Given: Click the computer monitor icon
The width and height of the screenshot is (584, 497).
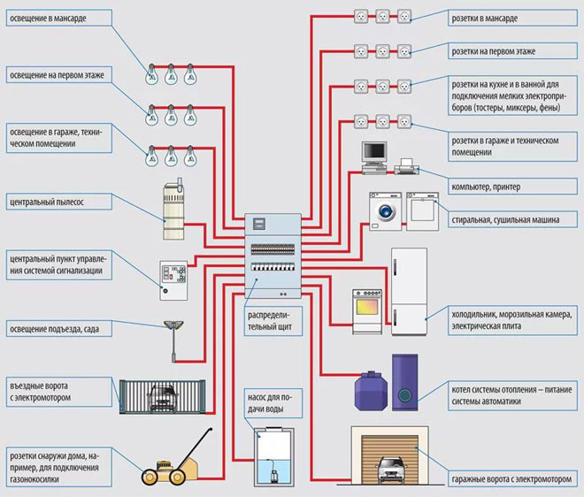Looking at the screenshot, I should pyautogui.click(x=374, y=154).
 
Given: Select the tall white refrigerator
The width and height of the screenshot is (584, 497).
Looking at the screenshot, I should pyautogui.click(x=409, y=291).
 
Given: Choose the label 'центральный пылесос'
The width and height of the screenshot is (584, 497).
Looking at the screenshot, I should pyautogui.click(x=50, y=203).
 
